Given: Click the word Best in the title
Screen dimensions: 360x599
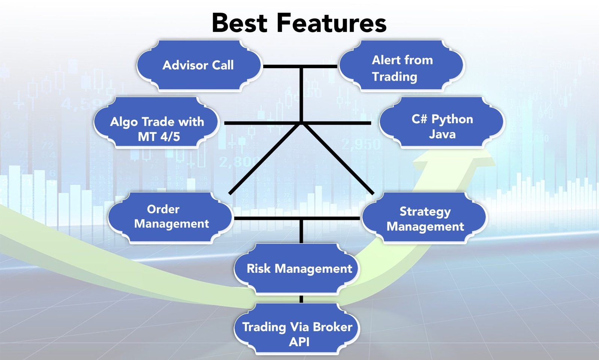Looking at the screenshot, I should tap(240, 23).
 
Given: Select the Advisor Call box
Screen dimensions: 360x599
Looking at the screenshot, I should tap(198, 66).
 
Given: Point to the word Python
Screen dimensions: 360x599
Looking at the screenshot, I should tap(452, 119).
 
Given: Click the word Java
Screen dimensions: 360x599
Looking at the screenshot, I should tap(442, 134).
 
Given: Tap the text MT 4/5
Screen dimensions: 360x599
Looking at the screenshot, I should tap(159, 137).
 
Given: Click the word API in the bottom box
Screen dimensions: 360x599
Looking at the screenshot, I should tap(299, 342).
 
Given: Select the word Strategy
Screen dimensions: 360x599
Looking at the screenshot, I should tap(425, 212).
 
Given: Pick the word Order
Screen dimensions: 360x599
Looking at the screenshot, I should tap(163, 209).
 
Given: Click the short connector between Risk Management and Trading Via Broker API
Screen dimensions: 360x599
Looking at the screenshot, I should tap(301, 299).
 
